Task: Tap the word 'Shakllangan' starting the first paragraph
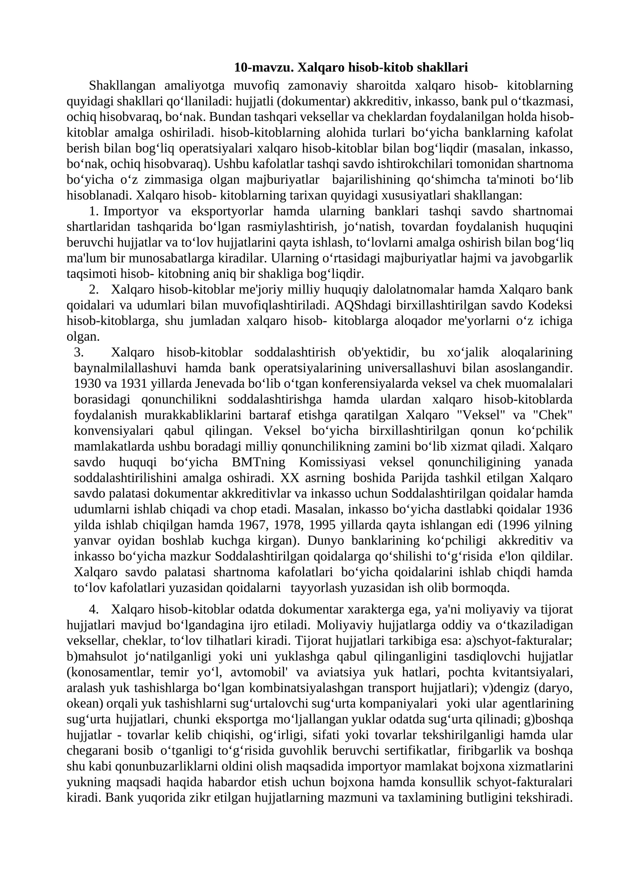[122, 85]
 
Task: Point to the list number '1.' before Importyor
[94, 211]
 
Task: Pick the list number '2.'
[94, 290]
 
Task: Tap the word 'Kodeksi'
[552, 305]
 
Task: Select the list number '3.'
[79, 352]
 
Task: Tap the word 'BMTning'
[258, 462]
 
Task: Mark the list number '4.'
[94, 609]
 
